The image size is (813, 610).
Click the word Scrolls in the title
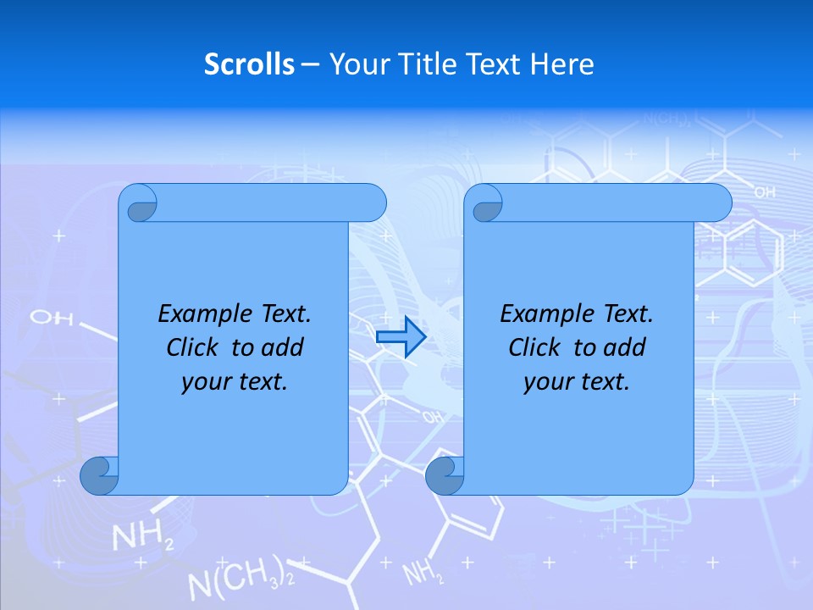click(x=249, y=64)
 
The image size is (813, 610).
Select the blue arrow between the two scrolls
click(x=401, y=337)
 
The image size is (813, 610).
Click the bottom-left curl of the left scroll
click(x=100, y=475)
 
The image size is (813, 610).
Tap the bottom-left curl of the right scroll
click(x=445, y=475)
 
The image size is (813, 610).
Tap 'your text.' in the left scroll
click(x=235, y=382)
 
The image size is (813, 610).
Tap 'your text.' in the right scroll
click(x=577, y=382)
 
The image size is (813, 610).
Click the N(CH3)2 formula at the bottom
click(x=241, y=581)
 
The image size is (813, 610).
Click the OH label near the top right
click(x=764, y=193)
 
